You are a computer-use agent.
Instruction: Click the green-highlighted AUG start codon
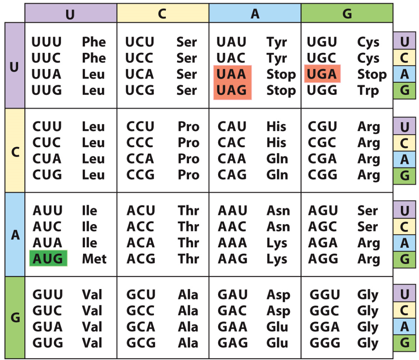pos(48,259)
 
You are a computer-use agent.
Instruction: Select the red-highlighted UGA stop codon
pos(322,74)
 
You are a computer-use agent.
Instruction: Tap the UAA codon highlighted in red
pos(232,74)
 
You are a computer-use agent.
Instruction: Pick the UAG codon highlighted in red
pos(232,91)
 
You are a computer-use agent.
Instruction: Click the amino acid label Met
pos(94,259)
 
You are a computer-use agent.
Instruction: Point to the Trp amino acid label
pos(368,91)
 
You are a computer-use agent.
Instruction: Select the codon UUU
pos(47,42)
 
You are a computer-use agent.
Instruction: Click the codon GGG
pos(324,343)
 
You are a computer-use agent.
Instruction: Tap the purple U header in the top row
pos(70,14)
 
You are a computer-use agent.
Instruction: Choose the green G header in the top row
pos(347,14)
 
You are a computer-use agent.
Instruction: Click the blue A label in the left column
pos(15,235)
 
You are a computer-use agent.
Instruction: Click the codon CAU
pos(232,126)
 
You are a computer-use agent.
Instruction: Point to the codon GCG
pos(141,343)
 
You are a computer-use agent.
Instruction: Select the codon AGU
pos(323,211)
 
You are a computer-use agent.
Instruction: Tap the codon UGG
pos(322,91)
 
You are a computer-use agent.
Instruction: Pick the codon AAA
pos(232,243)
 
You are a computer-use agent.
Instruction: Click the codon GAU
pos(233,295)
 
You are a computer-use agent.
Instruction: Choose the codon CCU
pos(140,126)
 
